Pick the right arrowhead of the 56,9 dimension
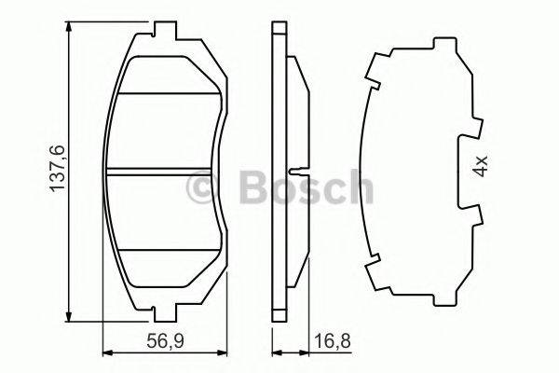coord(225,352)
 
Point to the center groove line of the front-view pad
coord(165,173)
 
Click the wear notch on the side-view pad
coord(294,172)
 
